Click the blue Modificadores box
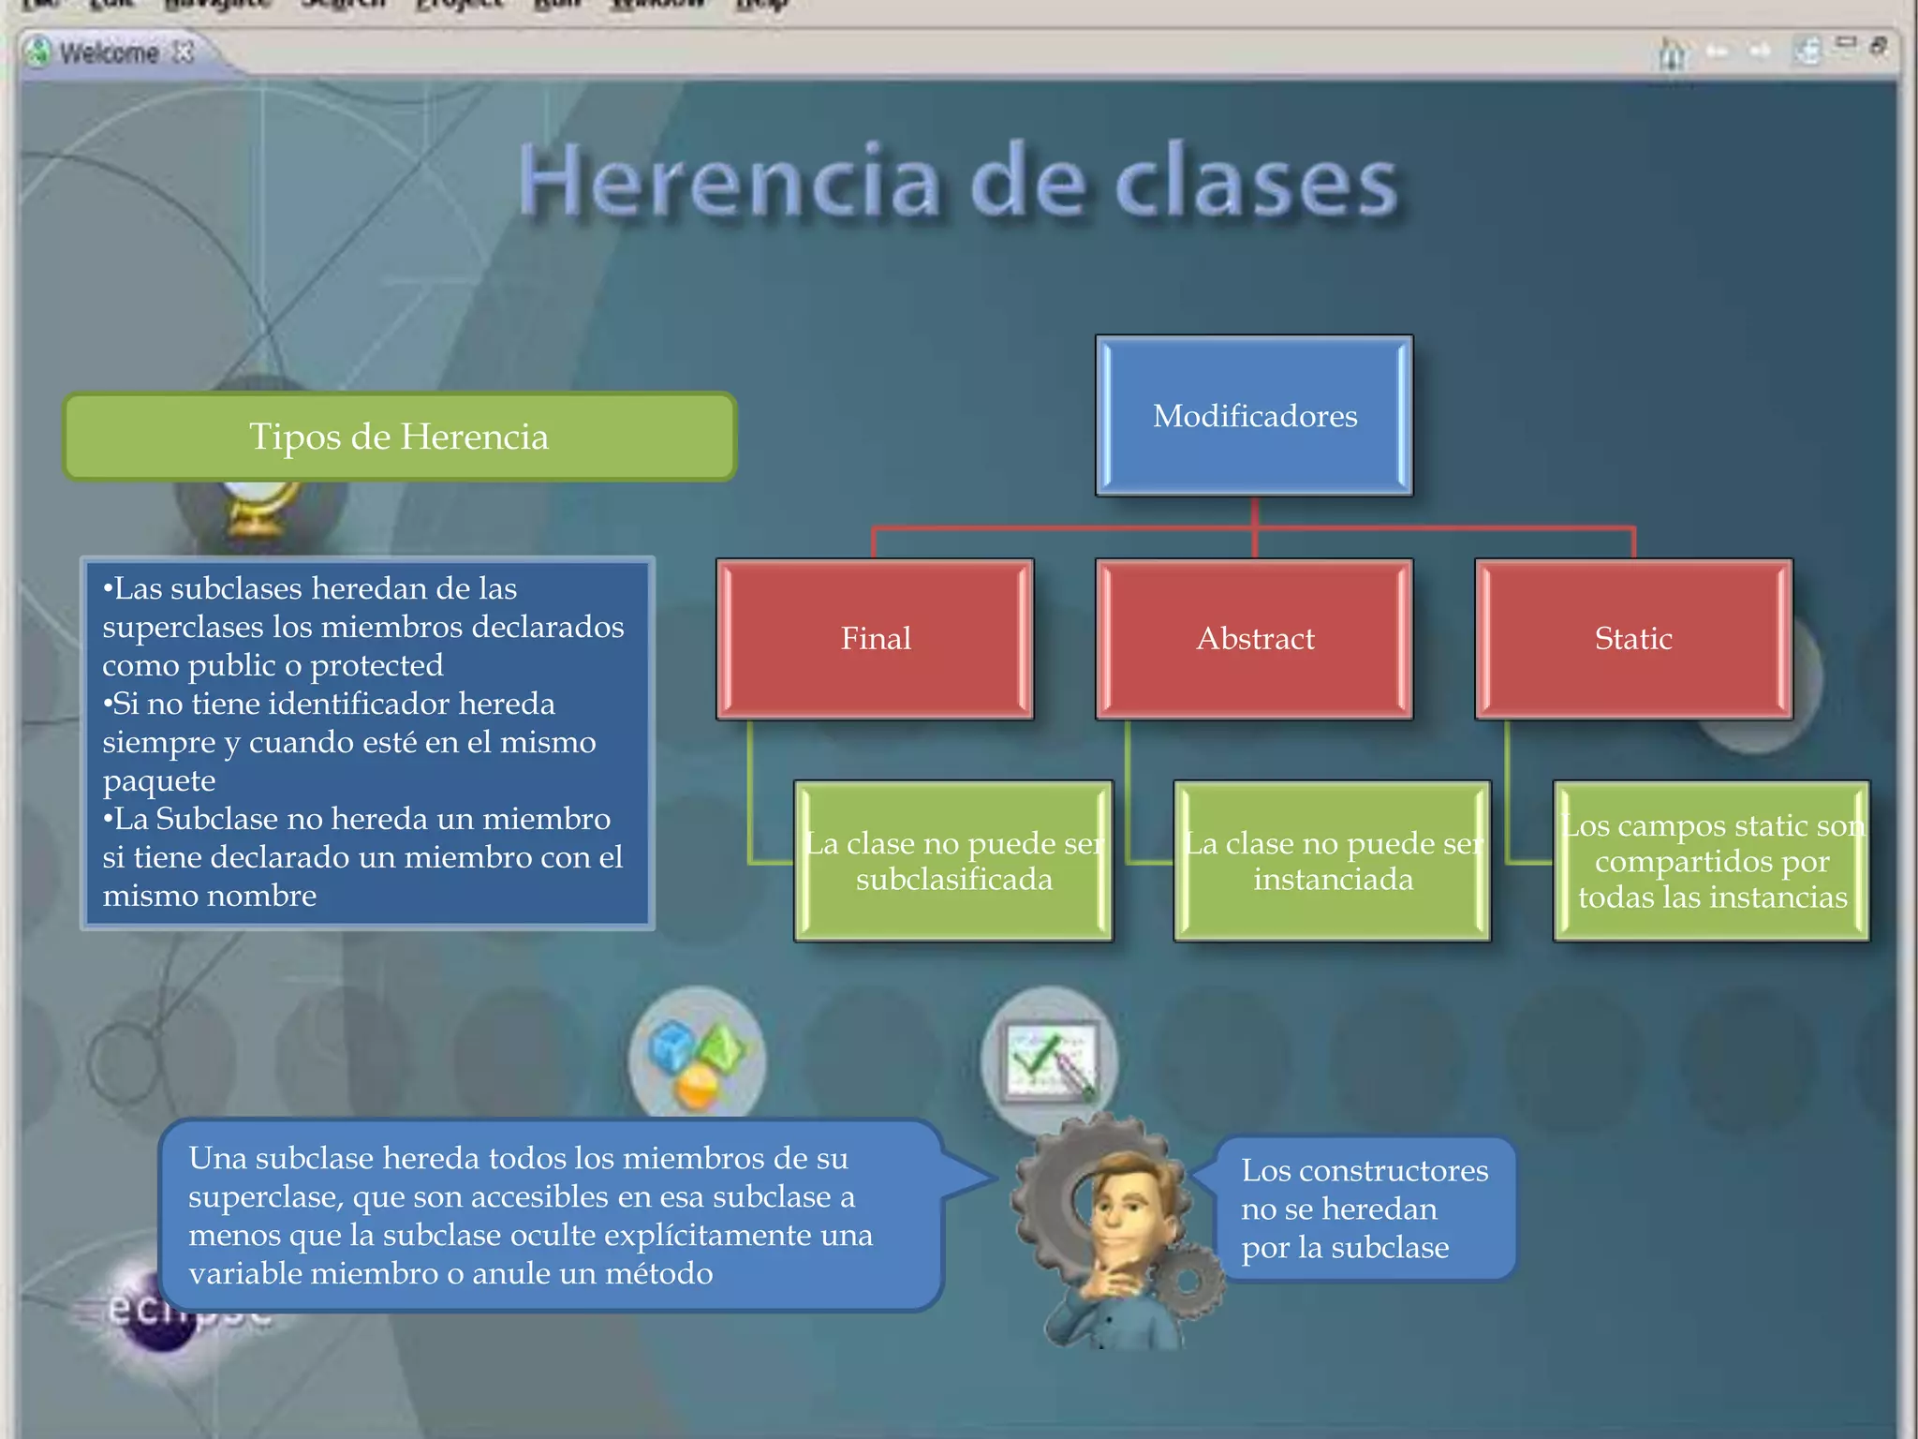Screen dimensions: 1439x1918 (x=1254, y=415)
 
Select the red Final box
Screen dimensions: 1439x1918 (x=875, y=639)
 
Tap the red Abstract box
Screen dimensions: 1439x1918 (x=1254, y=639)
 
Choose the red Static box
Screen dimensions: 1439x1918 (x=1633, y=639)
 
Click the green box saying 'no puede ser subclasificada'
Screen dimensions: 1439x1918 (x=953, y=861)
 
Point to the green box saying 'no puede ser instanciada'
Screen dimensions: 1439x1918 (x=1332, y=861)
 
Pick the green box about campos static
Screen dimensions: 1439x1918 (x=1711, y=861)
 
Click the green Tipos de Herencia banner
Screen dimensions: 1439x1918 (x=399, y=437)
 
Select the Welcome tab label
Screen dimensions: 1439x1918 (x=109, y=52)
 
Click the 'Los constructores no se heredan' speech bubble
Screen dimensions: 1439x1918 (x=1364, y=1209)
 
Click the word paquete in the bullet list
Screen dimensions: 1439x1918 (x=159, y=780)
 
